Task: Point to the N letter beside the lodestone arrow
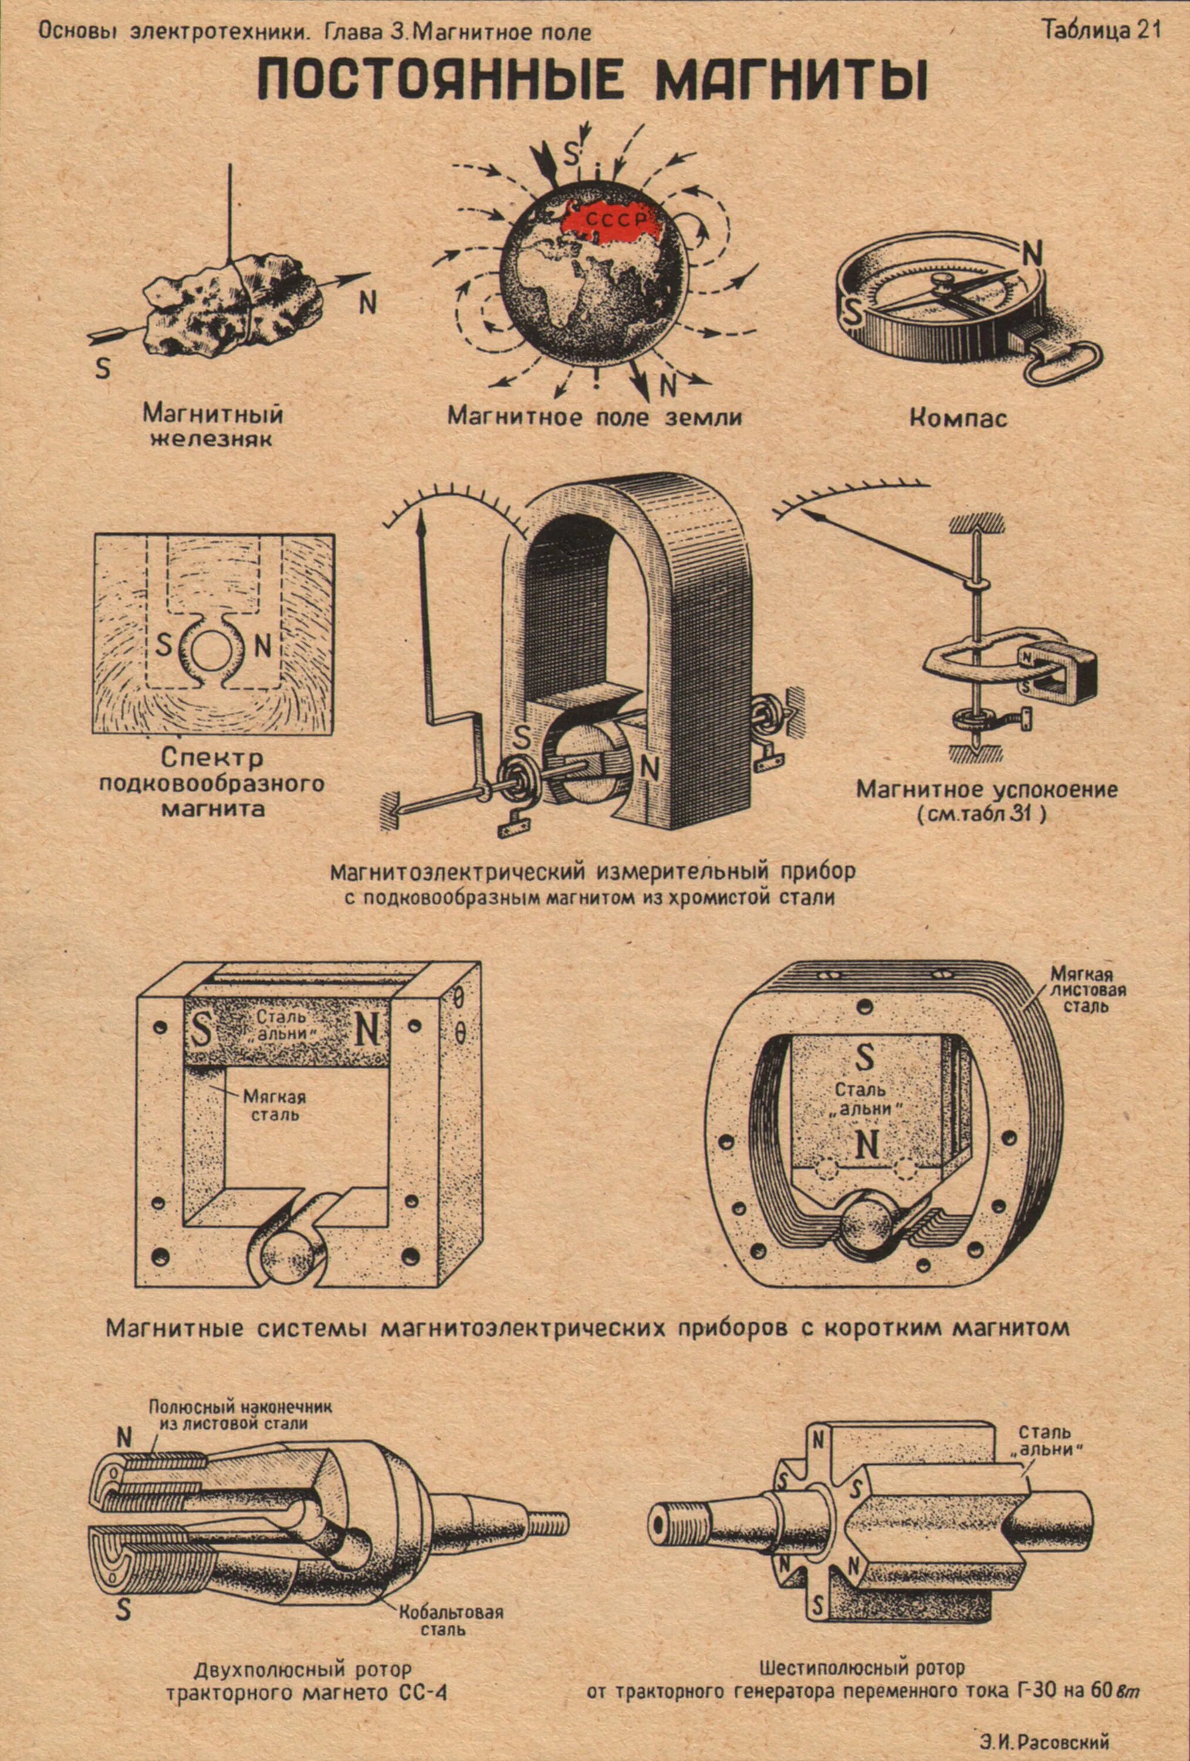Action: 367,302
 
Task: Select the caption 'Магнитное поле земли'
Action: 594,416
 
